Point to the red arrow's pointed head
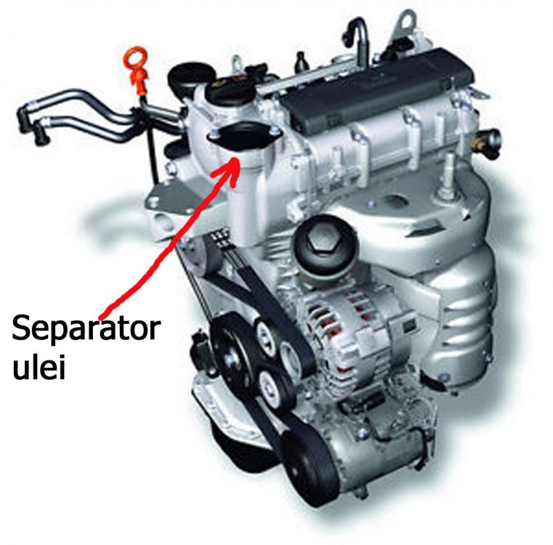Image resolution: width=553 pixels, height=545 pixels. (x=236, y=160)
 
